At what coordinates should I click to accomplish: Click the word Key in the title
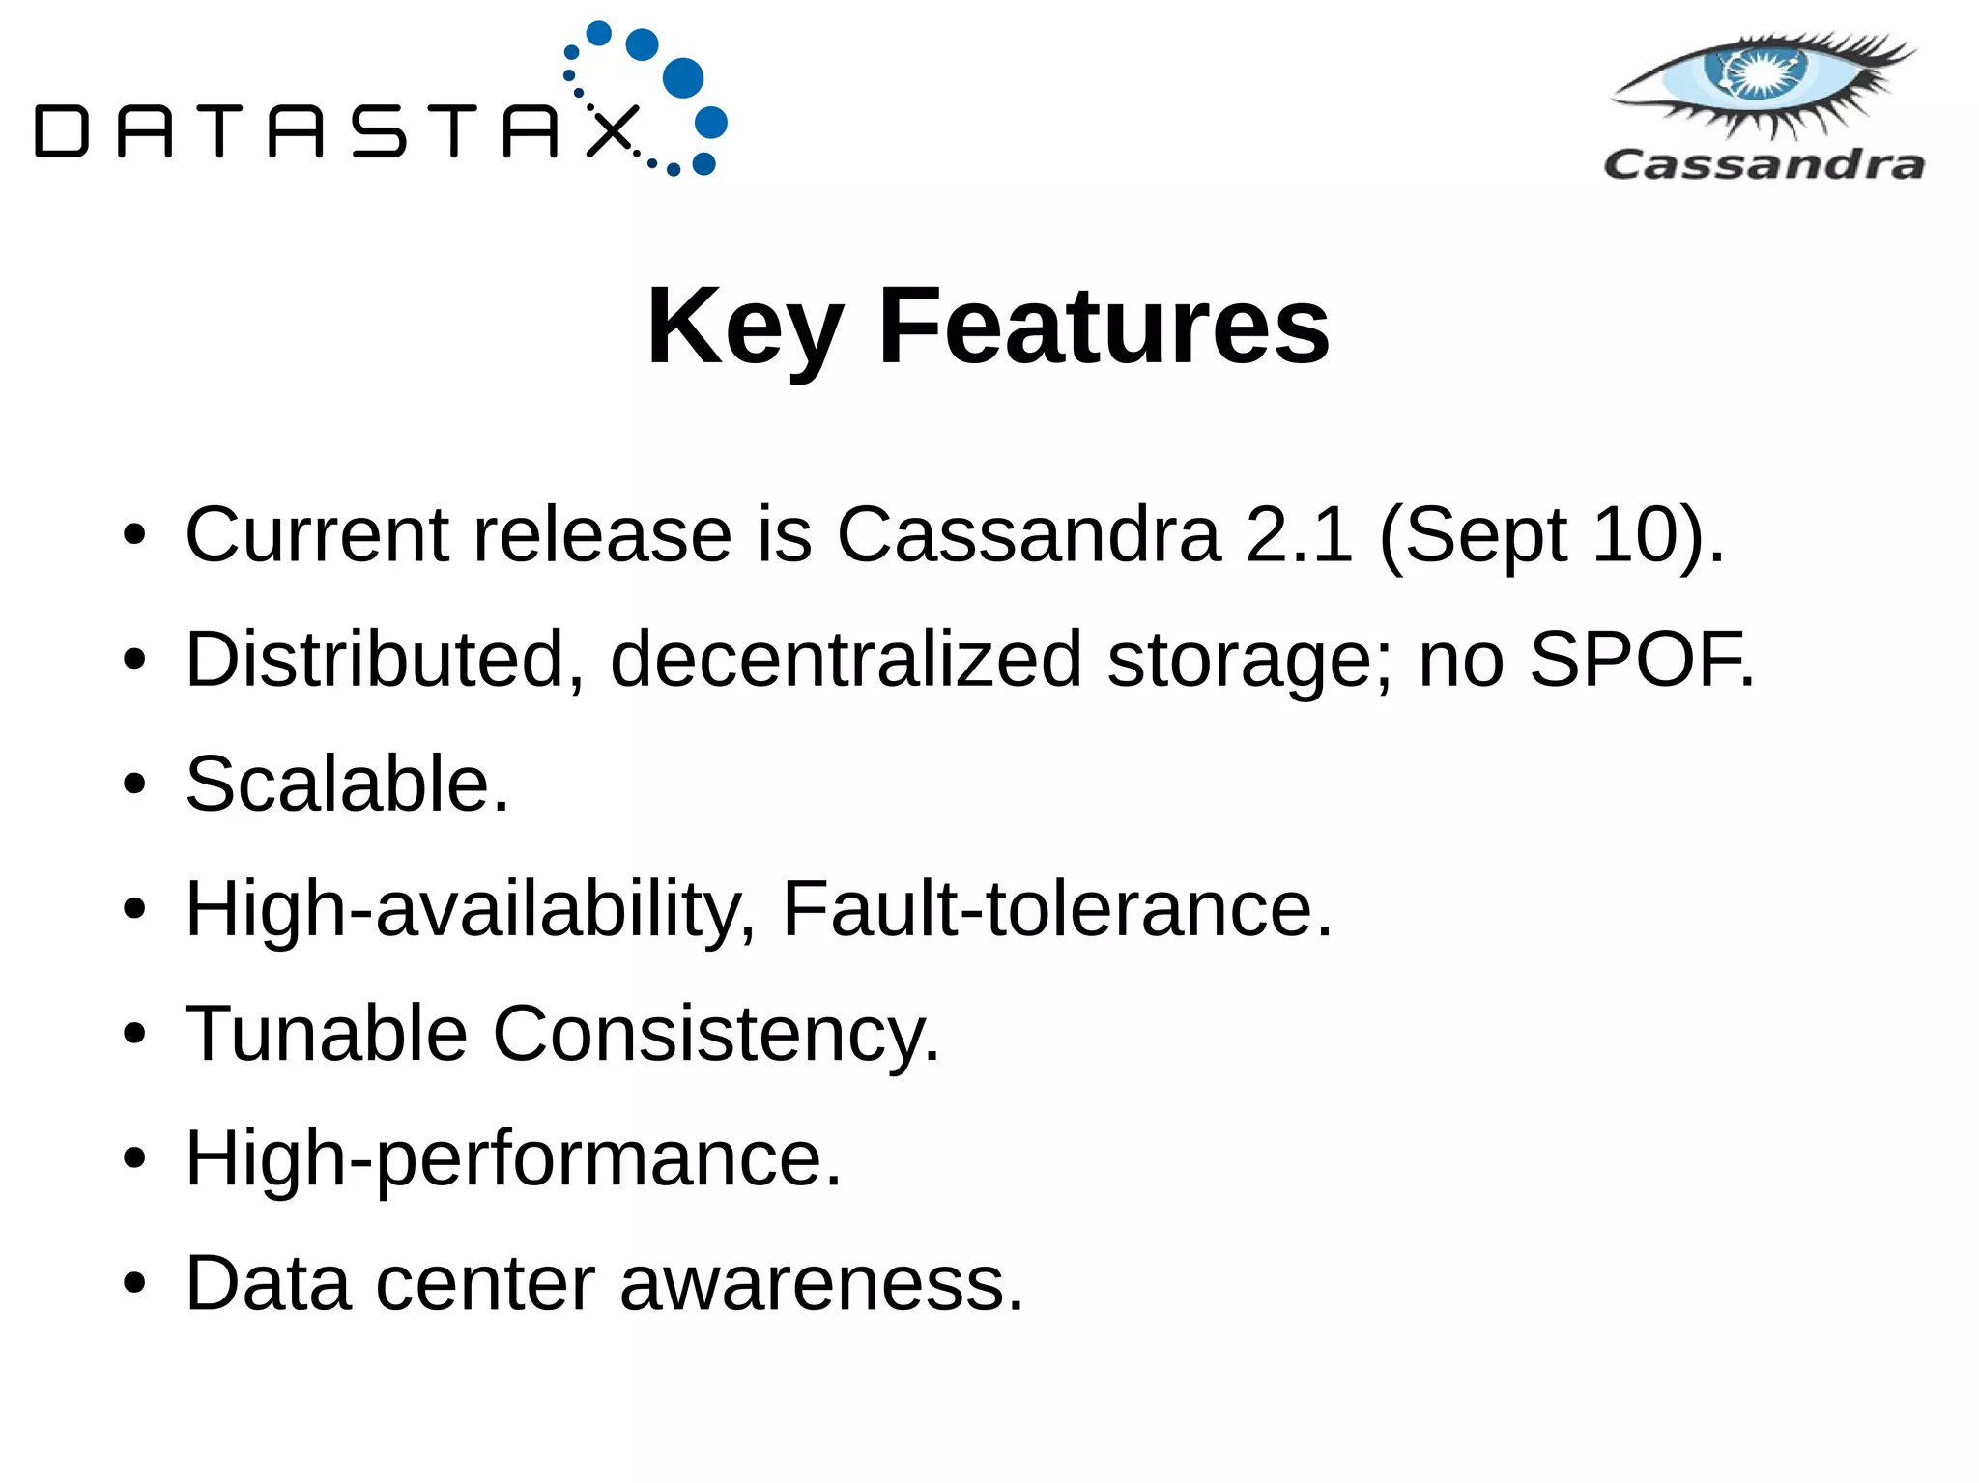(745, 328)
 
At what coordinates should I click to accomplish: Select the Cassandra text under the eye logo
(1764, 164)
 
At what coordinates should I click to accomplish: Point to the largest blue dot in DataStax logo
(683, 78)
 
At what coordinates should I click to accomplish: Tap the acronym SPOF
(1640, 660)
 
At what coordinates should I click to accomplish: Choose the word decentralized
(846, 660)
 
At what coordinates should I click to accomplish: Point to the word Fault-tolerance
(1056, 909)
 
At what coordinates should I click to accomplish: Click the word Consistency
(715, 1035)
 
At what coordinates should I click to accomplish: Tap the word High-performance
(513, 1159)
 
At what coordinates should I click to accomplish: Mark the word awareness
(820, 1284)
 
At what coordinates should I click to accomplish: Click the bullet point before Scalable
(134, 784)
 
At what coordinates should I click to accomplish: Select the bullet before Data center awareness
(134, 1285)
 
